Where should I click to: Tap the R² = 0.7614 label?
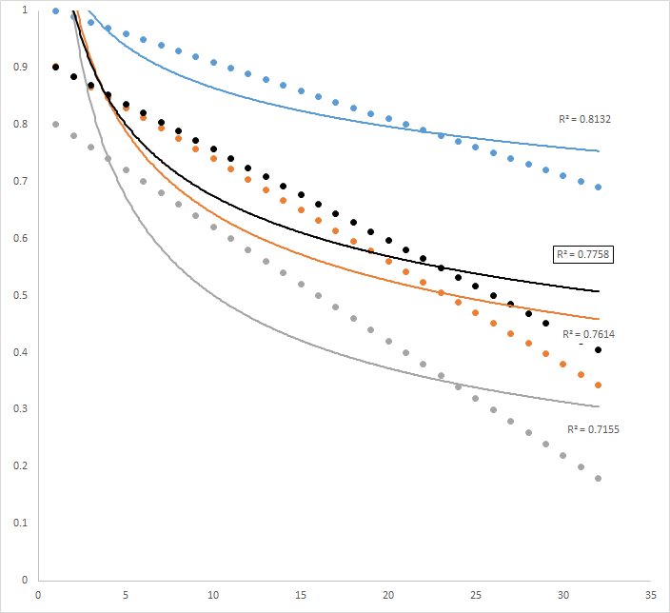click(589, 335)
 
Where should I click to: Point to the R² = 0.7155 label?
click(593, 429)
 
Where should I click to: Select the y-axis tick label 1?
click(26, 10)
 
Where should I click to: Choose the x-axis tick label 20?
click(388, 595)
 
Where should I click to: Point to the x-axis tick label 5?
click(126, 595)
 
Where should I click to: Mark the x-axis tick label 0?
click(38, 595)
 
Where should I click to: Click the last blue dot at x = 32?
click(599, 187)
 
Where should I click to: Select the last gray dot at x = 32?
click(599, 478)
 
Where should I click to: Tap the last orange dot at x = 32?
click(599, 386)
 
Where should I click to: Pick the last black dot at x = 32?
click(599, 350)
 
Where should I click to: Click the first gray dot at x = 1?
click(55, 125)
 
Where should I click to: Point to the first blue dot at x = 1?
click(55, 10)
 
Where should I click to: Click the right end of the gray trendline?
click(600, 406)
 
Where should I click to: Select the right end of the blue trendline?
click(600, 150)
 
